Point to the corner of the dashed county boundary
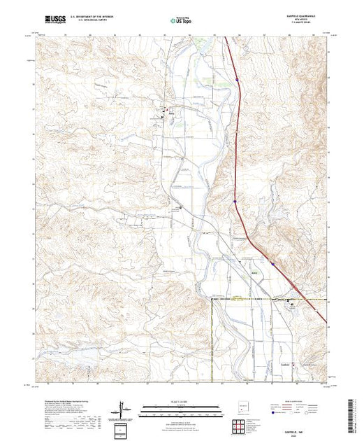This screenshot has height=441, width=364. click(x=212, y=300)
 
